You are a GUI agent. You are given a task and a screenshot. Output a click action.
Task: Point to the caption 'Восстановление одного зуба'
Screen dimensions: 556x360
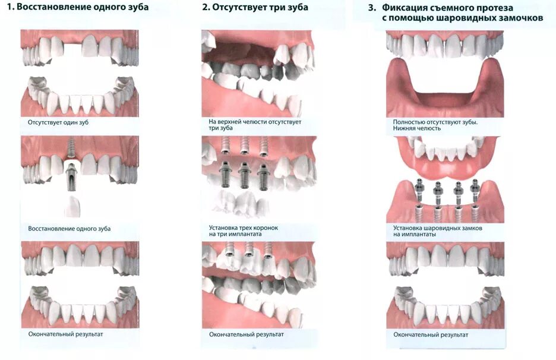(x=69, y=229)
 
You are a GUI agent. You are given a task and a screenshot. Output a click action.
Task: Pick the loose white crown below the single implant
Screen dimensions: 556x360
(x=71, y=205)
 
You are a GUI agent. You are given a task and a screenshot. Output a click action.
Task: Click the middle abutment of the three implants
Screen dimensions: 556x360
(x=244, y=172)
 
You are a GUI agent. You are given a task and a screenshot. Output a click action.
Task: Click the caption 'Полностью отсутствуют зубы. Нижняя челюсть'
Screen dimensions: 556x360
(x=435, y=125)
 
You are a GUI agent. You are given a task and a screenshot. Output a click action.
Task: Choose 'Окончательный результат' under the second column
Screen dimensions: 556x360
(x=246, y=334)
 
